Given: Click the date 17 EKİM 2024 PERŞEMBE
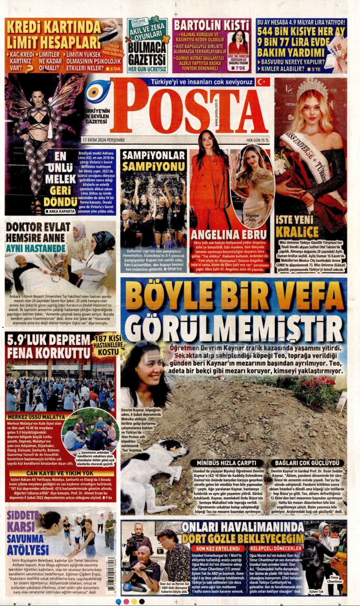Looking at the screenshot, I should point(103,139).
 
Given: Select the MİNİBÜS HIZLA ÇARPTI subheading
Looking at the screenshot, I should point(228,463).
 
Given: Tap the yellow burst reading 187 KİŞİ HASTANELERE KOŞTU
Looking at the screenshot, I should point(108,345).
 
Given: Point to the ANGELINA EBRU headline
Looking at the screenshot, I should point(228,235).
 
